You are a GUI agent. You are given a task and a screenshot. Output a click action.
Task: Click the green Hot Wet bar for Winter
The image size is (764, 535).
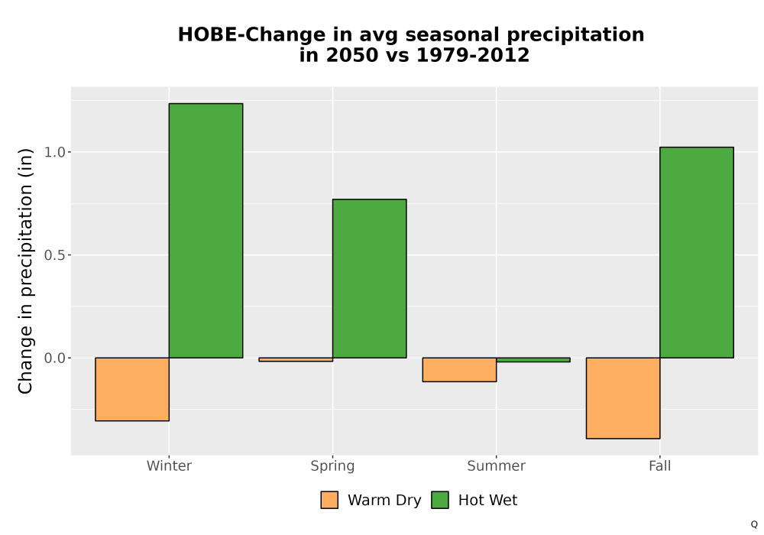(206, 231)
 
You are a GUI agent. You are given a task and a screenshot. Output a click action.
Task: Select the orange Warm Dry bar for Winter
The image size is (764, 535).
(132, 389)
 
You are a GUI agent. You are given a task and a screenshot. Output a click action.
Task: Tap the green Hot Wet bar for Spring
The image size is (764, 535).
(369, 278)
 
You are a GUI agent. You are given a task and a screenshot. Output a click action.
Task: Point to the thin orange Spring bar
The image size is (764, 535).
(296, 359)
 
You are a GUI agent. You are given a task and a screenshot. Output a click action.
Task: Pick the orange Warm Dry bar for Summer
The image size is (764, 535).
(459, 370)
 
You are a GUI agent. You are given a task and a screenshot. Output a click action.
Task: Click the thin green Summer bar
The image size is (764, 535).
(533, 359)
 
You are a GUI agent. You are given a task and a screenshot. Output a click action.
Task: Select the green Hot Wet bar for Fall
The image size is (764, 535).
(697, 252)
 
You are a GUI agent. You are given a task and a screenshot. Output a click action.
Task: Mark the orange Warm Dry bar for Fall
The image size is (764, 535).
(623, 398)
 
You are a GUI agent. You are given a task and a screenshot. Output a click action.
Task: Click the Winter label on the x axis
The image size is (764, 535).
(169, 466)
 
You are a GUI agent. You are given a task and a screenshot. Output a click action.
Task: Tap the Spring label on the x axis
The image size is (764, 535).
(333, 466)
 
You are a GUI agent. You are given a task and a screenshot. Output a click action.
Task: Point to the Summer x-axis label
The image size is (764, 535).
(497, 466)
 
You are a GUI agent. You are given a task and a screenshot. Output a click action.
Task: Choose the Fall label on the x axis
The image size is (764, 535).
(660, 466)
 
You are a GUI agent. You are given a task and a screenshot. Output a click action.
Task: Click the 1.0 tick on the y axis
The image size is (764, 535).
(54, 152)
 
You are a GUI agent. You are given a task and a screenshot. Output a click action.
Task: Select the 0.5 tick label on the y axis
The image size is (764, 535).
(54, 255)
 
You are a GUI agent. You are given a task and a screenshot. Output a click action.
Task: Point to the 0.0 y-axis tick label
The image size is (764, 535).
(54, 358)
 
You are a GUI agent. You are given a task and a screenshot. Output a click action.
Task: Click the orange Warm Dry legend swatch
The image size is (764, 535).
(329, 500)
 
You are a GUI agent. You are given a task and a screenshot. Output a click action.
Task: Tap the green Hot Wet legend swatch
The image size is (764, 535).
(440, 500)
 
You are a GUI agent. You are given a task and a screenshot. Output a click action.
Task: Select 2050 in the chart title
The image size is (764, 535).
(352, 55)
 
